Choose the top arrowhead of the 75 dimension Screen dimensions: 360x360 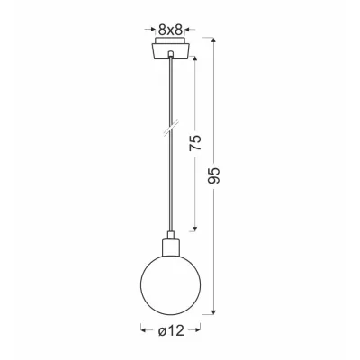coord(197,60)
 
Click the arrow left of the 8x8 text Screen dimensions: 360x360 coord(148,28)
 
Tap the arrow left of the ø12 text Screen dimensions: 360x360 coord(144,331)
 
